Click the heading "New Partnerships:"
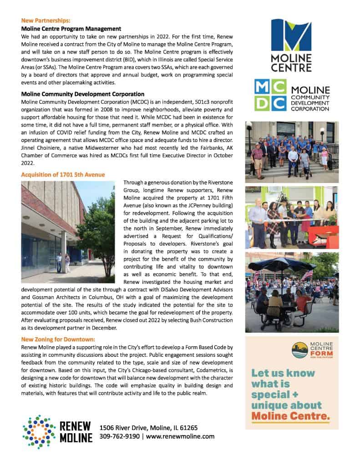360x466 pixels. coord(46,21)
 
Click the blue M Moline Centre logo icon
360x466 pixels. coord(292,35)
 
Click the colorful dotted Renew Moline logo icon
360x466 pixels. coord(39,431)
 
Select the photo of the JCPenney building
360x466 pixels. coord(68,231)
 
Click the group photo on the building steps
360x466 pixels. coord(292,152)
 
